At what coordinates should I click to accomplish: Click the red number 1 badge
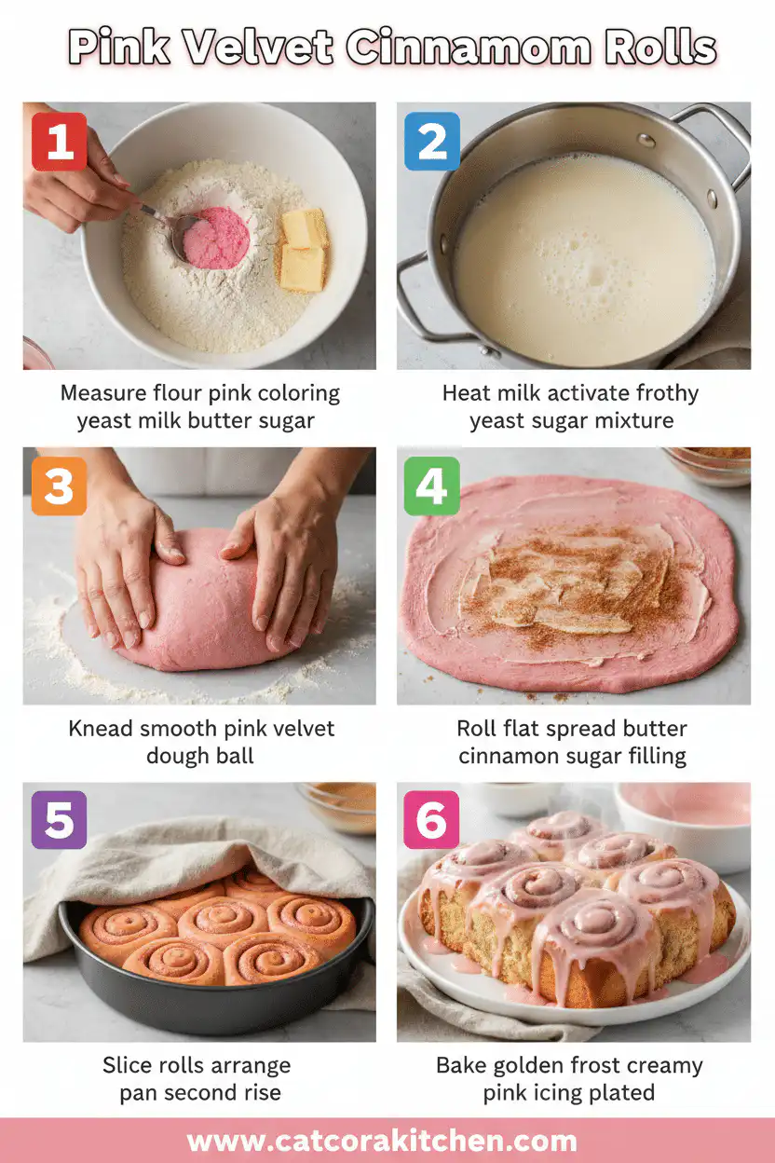coord(60,142)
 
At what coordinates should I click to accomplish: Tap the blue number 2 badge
coord(431,142)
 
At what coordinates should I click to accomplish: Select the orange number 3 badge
coord(60,486)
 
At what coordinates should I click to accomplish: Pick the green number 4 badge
coord(431,486)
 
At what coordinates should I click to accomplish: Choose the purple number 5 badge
coord(60,820)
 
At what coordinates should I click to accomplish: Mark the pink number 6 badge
coord(431,820)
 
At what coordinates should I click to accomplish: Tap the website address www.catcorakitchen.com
coord(382,1142)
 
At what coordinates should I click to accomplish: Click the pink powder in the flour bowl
coord(216,238)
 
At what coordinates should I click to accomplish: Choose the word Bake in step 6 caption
coord(462,1065)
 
